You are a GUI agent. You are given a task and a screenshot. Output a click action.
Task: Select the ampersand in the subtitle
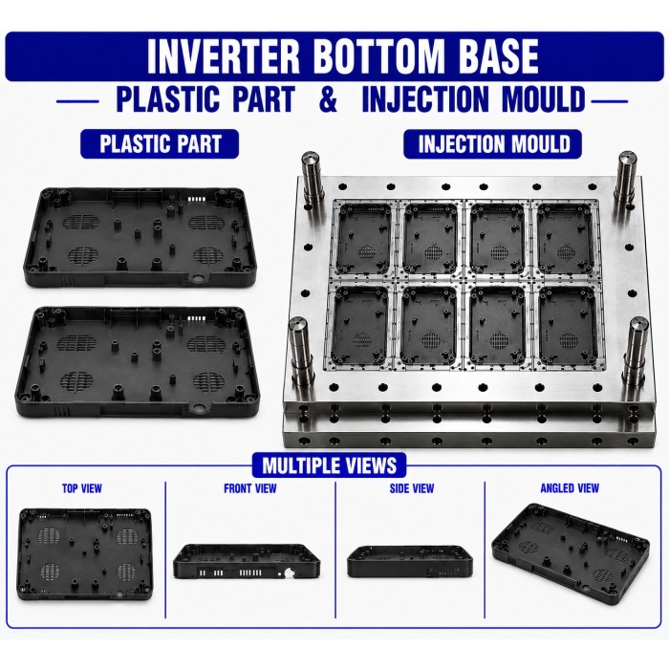click(x=328, y=99)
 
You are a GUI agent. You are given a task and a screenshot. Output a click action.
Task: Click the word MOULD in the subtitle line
click(x=543, y=99)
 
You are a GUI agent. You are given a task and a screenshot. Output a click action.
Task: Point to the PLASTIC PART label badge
click(x=160, y=143)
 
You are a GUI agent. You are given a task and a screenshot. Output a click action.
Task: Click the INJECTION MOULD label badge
click(x=493, y=143)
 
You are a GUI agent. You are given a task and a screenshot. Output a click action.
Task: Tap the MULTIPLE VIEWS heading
click(x=329, y=465)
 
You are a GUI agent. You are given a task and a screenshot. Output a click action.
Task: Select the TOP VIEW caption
click(x=82, y=488)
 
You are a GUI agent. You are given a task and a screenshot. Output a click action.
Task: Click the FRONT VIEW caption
click(x=250, y=488)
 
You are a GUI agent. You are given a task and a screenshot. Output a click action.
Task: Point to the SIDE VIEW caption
click(x=412, y=488)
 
